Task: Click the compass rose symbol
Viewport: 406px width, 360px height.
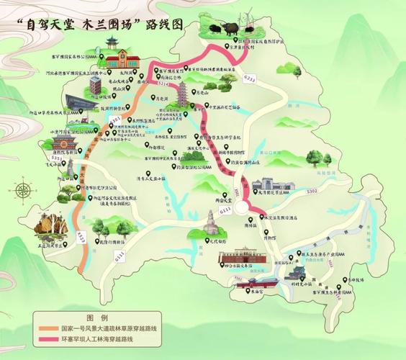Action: (22, 192)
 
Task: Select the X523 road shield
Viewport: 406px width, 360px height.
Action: (82, 235)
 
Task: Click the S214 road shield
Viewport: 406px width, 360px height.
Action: (163, 85)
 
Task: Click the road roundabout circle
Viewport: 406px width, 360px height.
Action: (254, 209)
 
